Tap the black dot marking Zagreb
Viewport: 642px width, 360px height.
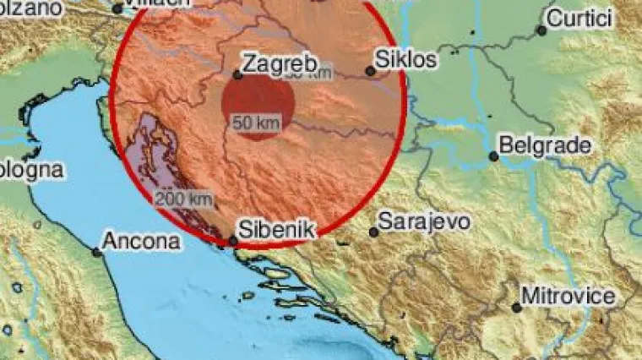click(238, 75)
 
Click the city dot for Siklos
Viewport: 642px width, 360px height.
click(369, 72)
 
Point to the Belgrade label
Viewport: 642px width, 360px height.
click(546, 145)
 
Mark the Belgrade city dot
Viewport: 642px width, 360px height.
click(494, 156)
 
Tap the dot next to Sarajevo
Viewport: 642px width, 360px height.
click(373, 232)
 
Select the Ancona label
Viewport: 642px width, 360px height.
click(141, 241)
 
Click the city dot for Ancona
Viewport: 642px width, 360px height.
click(97, 251)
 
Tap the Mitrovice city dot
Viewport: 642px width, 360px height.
click(516, 308)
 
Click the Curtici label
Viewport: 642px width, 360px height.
click(581, 19)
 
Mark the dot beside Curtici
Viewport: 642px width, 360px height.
click(541, 30)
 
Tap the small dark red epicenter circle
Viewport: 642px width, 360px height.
click(258, 106)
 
